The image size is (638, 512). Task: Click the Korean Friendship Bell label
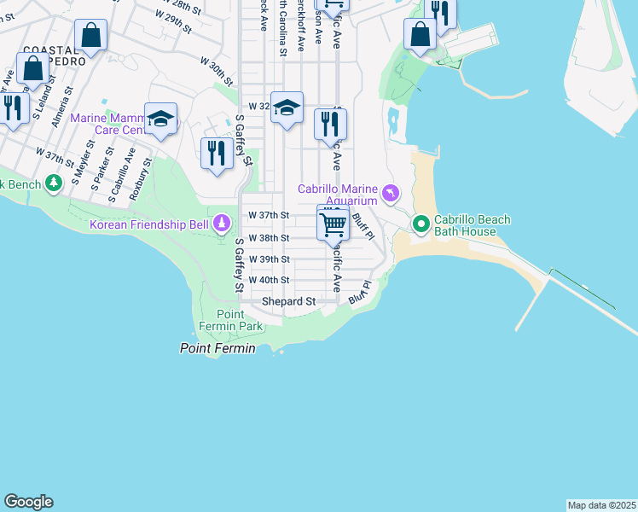coord(148,225)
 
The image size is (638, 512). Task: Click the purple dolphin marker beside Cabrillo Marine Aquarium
coord(391,195)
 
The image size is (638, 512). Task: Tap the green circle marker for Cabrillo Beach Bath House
coord(420,224)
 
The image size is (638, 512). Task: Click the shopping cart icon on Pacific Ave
coord(333,224)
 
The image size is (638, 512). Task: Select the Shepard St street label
coord(288,302)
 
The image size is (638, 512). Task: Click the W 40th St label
coord(269,280)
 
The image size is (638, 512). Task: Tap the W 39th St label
coord(269,259)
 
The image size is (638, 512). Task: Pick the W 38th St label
coord(269,238)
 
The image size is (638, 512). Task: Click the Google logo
coord(28,502)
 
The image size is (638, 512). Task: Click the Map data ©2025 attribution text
coord(601,505)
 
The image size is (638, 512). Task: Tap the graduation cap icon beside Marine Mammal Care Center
coord(160,119)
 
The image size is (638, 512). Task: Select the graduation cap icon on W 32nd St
coord(287,108)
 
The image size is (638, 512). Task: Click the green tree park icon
coord(54,183)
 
